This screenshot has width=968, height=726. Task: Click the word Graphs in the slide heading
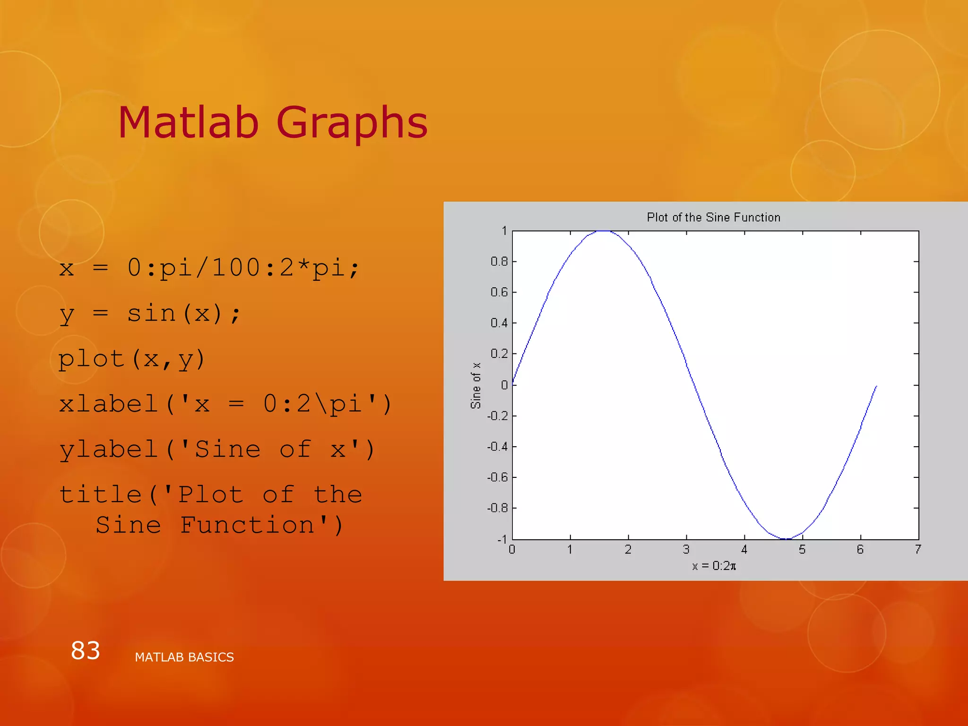[x=352, y=123]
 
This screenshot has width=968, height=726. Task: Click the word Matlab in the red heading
[x=188, y=123]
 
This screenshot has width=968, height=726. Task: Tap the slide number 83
[x=86, y=650]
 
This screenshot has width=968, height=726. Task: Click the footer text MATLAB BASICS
[x=184, y=657]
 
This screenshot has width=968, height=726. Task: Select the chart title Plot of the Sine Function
[x=713, y=217]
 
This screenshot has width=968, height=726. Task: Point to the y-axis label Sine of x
[x=475, y=385]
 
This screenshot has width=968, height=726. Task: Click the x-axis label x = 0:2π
[x=714, y=566]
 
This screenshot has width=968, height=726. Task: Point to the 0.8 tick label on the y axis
[x=499, y=261]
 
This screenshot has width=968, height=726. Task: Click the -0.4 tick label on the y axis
[x=497, y=447]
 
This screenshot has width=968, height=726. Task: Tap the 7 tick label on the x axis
[x=918, y=549]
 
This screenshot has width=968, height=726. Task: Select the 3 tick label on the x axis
[x=686, y=549]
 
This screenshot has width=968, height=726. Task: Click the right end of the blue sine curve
[x=876, y=387]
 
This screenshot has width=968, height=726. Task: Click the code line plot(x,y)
[x=131, y=359]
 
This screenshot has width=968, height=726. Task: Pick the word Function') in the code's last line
[x=261, y=526]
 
